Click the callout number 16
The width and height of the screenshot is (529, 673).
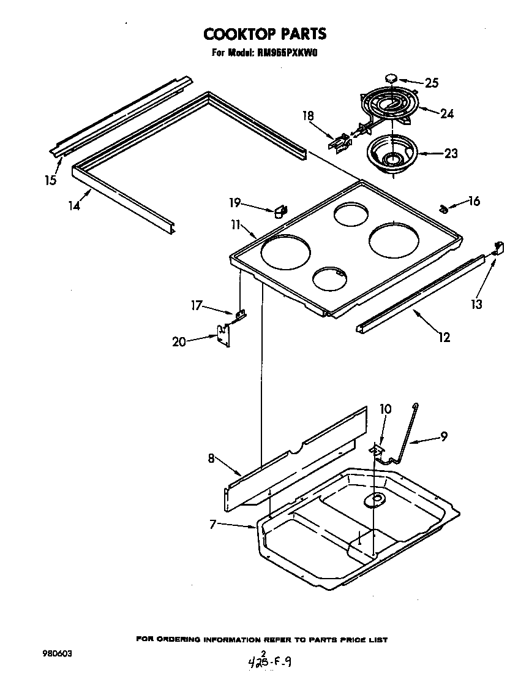click(x=474, y=202)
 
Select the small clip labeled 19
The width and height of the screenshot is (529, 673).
click(x=280, y=211)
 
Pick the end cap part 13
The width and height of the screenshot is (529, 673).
click(x=498, y=248)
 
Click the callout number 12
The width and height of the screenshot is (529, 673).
click(x=444, y=336)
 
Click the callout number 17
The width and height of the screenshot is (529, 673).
click(x=197, y=305)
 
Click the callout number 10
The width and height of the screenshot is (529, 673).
click(x=385, y=409)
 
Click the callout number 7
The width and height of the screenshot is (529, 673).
click(x=212, y=524)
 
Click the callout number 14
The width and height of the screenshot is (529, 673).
click(x=74, y=206)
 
